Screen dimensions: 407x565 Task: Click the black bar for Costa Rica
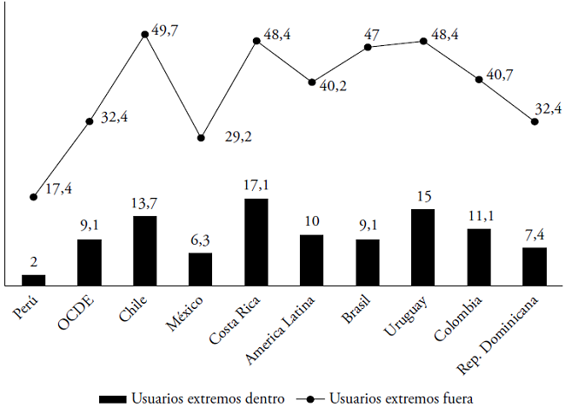(x=256, y=241)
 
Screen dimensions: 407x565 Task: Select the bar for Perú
(x=33, y=279)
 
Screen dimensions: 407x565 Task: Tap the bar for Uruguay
(x=423, y=246)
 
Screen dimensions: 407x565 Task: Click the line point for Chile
(x=145, y=35)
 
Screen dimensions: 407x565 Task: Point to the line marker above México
(x=201, y=138)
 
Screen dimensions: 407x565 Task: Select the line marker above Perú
(x=33, y=197)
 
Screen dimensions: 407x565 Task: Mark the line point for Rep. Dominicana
(x=535, y=121)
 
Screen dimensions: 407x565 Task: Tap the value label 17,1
(x=256, y=184)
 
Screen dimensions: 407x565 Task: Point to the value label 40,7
(x=500, y=75)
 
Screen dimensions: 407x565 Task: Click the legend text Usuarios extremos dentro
(x=209, y=398)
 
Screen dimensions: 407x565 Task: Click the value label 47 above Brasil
(x=372, y=34)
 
